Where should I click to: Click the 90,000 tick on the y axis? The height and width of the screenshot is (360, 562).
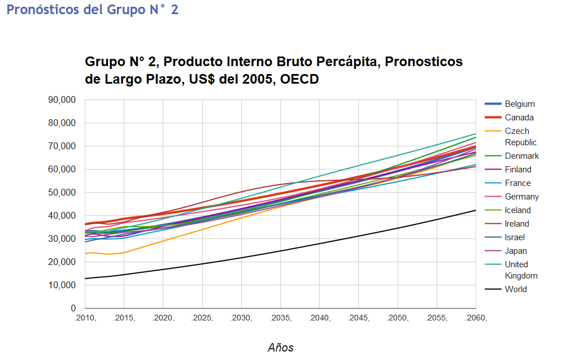coord(62,100)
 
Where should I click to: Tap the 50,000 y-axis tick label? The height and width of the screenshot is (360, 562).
coord(62,193)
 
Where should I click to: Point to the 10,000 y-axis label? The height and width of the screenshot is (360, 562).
coord(62,285)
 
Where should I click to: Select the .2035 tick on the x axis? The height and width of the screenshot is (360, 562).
coord(280,318)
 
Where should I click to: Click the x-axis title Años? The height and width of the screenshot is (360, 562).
coord(281,348)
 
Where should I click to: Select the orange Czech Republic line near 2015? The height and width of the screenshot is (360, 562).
coord(124,252)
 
